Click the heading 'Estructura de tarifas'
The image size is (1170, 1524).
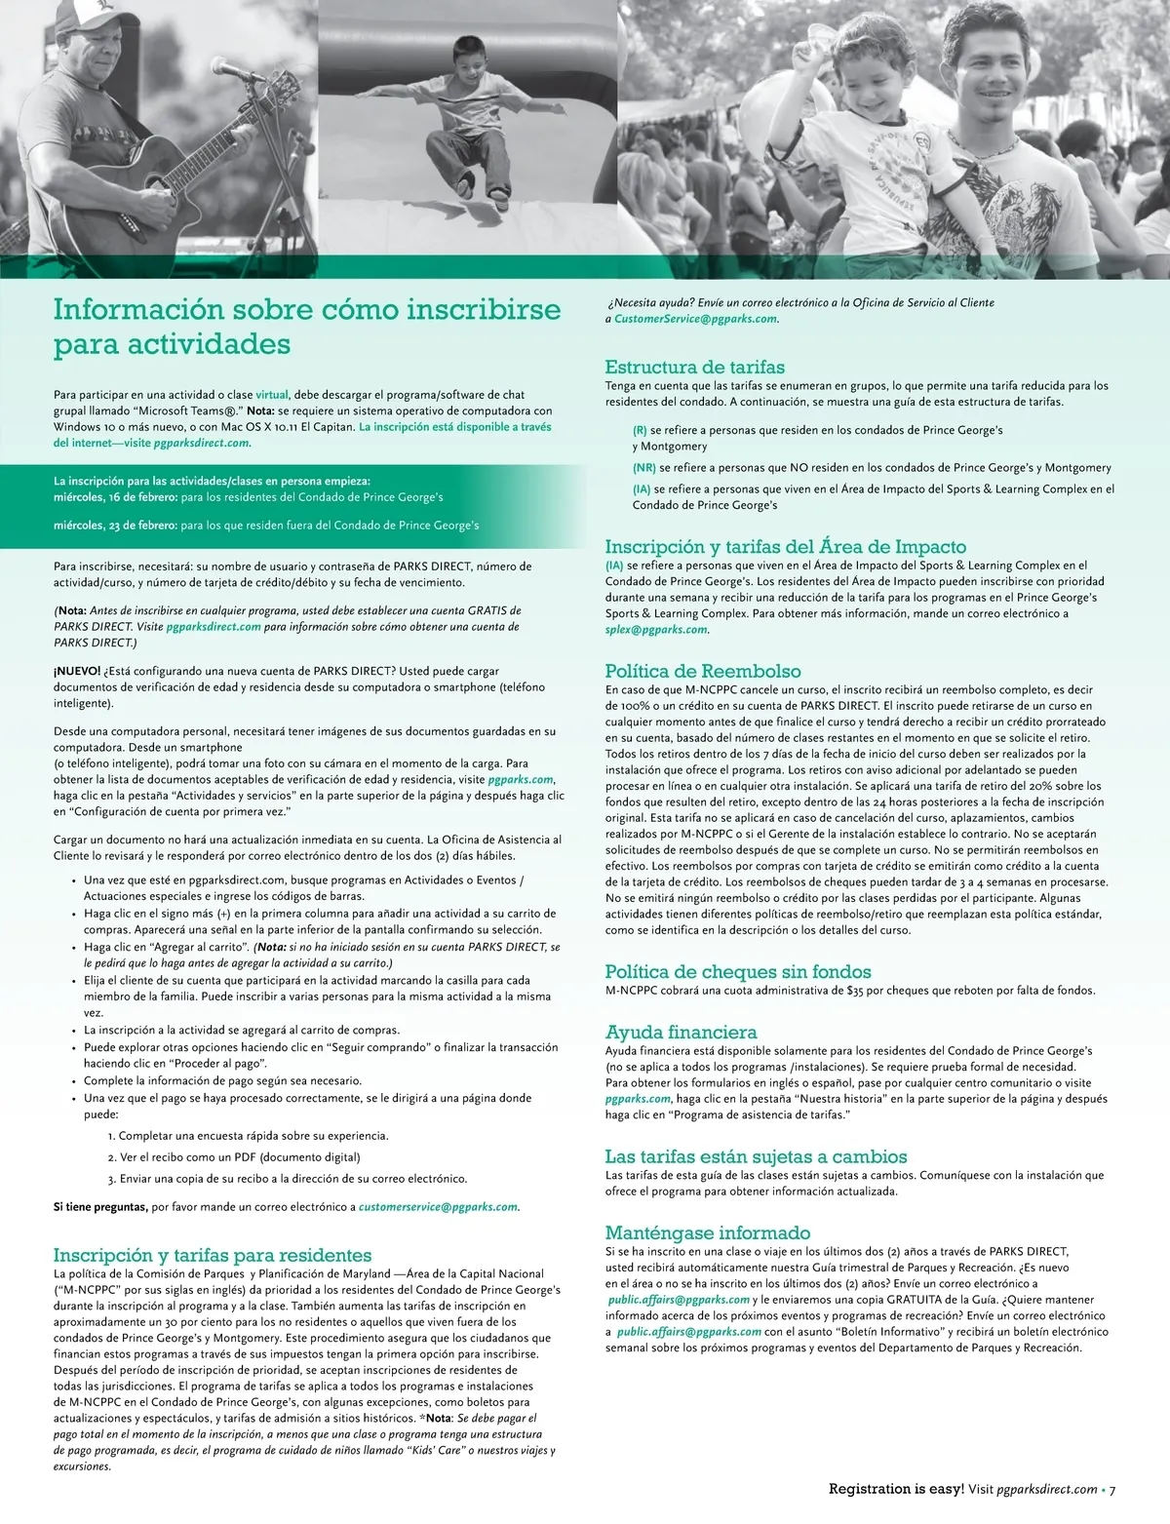tap(694, 368)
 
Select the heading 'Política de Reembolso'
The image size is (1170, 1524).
tap(702, 671)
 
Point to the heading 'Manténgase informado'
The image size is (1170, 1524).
tap(707, 1232)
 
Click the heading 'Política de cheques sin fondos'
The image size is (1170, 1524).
tap(737, 971)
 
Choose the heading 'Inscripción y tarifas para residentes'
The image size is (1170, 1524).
tap(213, 1255)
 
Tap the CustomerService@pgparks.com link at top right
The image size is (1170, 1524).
tap(695, 319)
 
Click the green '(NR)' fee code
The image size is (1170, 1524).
tap(643, 468)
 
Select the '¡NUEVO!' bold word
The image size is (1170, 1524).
tap(77, 671)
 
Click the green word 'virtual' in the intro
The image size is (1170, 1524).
tap(272, 395)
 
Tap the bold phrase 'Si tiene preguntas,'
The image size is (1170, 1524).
tap(100, 1207)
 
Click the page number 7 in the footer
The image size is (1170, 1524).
tap(1112, 1489)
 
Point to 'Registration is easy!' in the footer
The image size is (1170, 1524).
tap(896, 1489)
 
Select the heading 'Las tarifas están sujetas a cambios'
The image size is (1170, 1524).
tap(756, 1156)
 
